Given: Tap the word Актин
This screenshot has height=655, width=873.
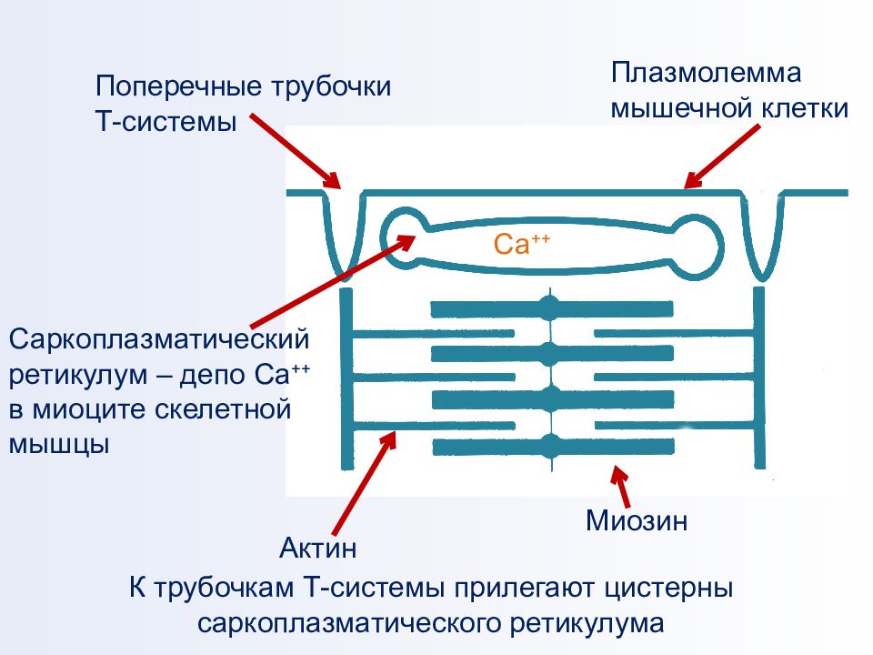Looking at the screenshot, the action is tap(318, 548).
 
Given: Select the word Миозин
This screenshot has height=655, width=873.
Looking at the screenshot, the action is tap(637, 520).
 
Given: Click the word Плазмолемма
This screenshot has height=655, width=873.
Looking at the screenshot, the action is tap(707, 73).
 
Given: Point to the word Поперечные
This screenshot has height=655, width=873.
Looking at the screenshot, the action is tap(178, 86).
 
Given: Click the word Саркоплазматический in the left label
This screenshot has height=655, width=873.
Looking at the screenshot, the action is tap(159, 339).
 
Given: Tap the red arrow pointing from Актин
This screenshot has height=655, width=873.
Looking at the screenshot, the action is tap(364, 483).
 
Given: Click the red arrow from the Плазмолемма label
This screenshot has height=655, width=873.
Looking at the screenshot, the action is tap(721, 156).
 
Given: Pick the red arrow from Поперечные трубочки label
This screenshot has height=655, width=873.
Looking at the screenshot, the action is tap(295, 152).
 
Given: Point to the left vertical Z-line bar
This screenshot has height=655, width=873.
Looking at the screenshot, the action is tap(346, 378).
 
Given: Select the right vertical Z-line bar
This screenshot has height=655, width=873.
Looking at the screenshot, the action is tap(758, 378).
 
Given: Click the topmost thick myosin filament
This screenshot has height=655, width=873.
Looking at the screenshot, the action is tap(552, 308).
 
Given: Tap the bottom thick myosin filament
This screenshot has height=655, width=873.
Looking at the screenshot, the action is tap(553, 447).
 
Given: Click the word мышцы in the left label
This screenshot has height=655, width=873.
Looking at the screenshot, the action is tap(58, 445).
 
